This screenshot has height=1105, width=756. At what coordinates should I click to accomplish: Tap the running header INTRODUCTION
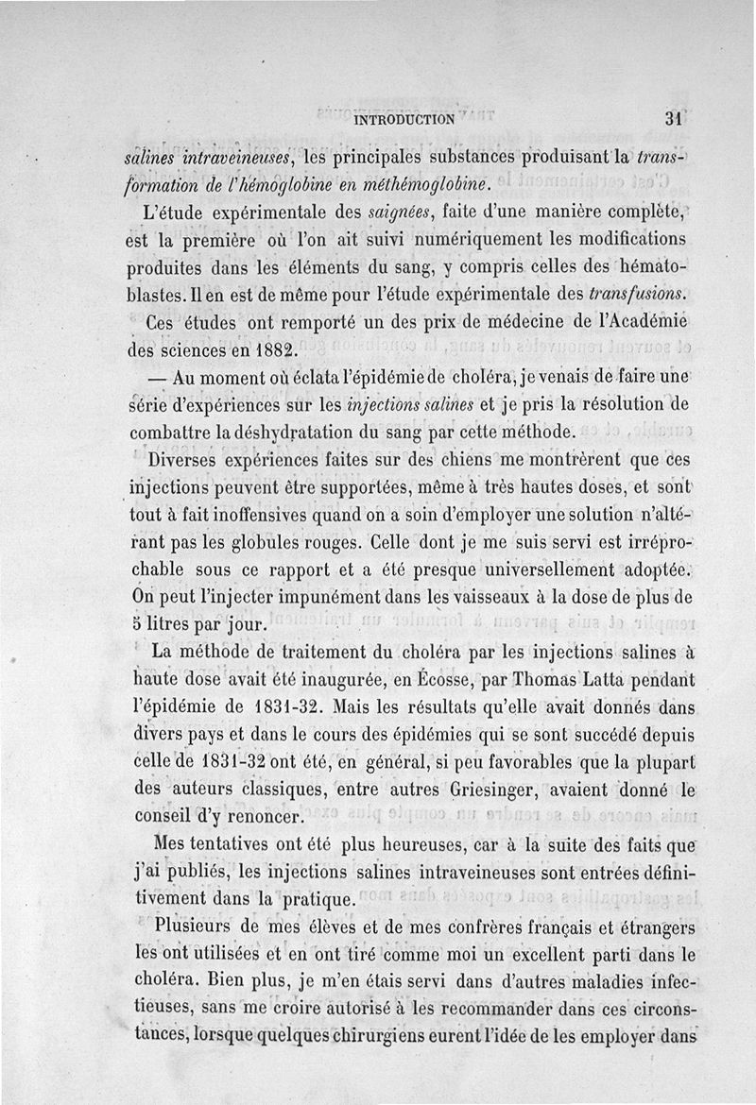404,120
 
